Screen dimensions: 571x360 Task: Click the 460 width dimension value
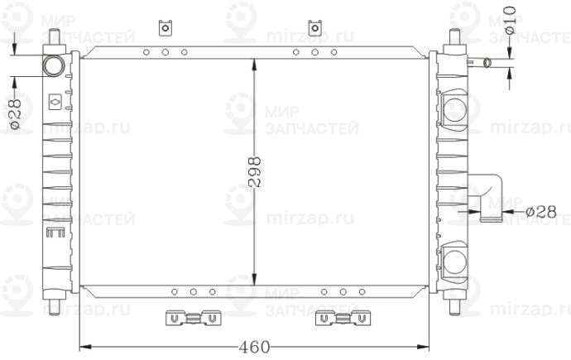pyautogui.click(x=255, y=347)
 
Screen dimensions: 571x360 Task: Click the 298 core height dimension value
pyautogui.click(x=255, y=172)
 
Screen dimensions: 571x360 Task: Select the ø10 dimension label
pyautogui.click(x=511, y=20)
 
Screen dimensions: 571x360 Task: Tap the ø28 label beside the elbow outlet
pyautogui.click(x=541, y=211)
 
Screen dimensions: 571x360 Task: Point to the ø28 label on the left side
pyautogui.click(x=15, y=113)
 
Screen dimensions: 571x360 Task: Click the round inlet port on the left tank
pyautogui.click(x=54, y=66)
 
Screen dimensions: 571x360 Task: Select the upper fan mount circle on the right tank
pyautogui.click(x=456, y=109)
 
